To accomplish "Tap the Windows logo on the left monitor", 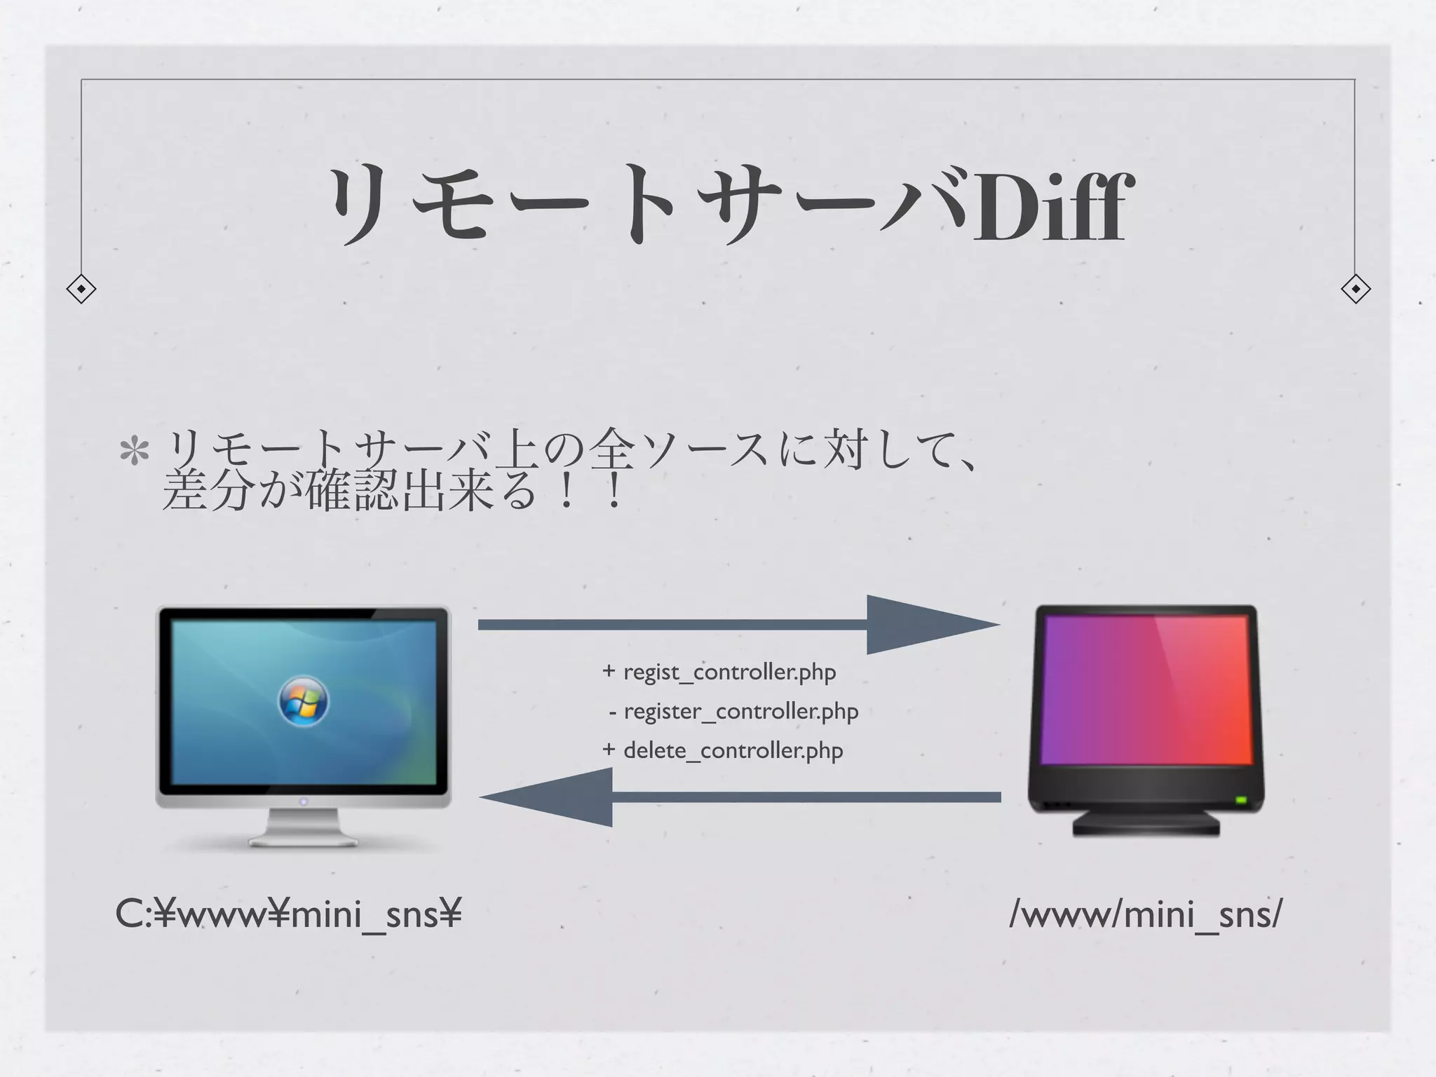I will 303,701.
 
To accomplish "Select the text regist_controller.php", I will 729,672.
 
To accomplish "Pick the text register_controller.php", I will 740,711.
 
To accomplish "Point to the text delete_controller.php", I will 733,750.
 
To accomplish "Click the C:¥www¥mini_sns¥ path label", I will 288,914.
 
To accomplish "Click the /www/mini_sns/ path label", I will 1146,914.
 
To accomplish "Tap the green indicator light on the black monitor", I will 1240,799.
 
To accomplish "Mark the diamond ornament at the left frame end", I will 81,288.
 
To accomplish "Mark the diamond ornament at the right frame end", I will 1355,288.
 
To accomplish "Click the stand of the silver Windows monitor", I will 303,827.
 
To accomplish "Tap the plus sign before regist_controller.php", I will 609,672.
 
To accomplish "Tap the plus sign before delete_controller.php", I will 609,750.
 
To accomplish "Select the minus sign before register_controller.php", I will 613,712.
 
